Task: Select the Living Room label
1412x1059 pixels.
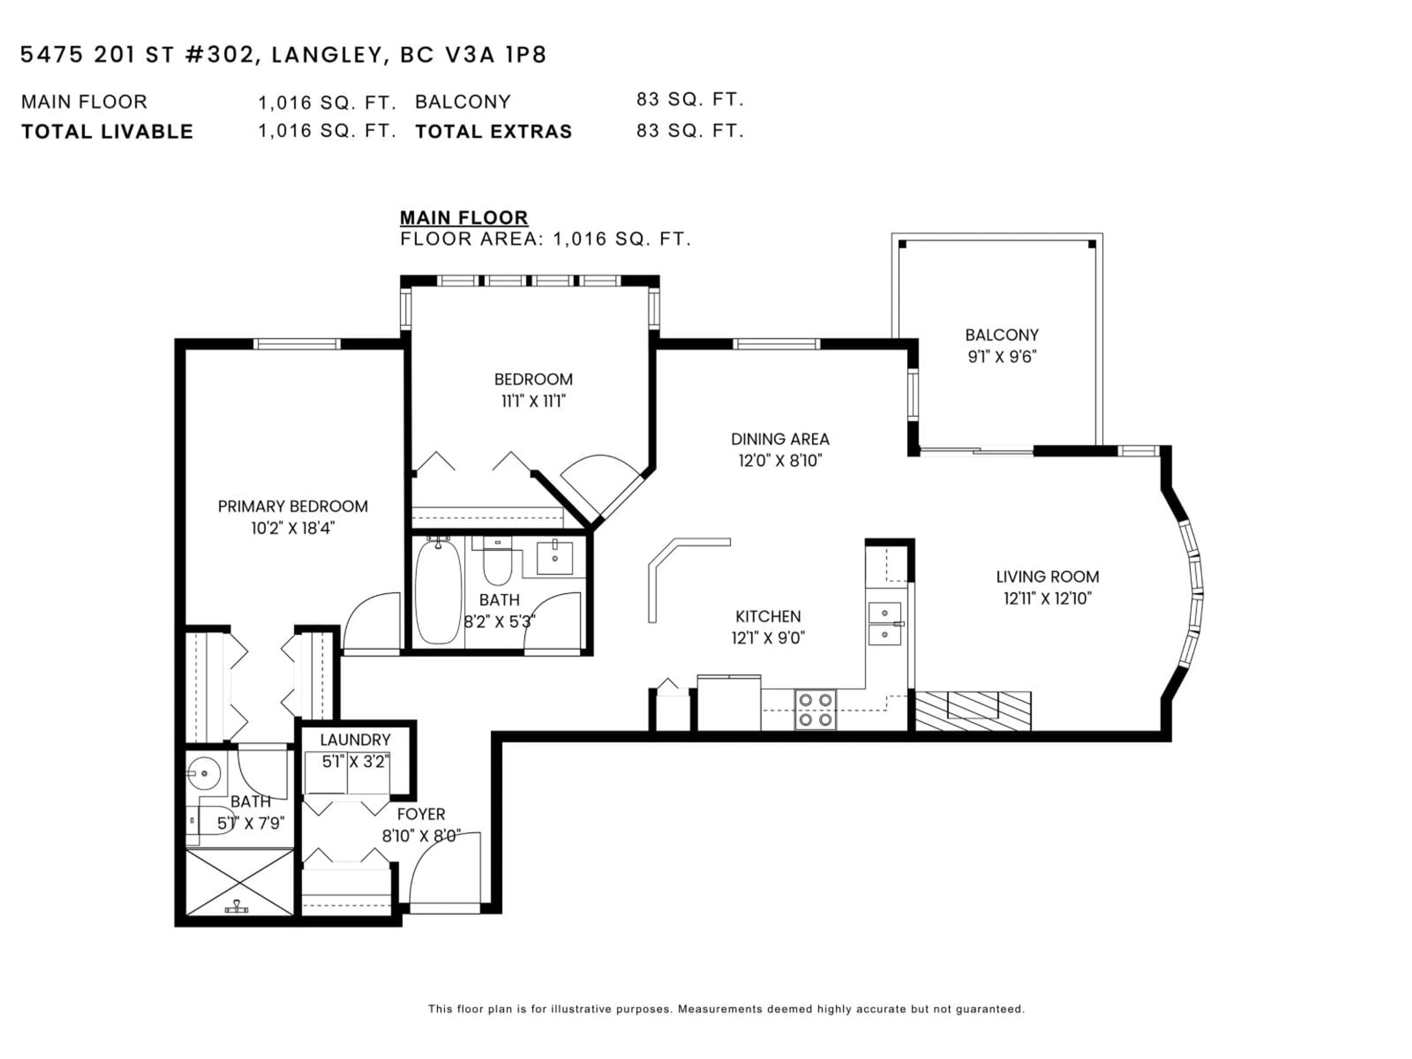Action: point(1047,577)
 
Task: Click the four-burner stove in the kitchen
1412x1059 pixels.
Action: point(815,709)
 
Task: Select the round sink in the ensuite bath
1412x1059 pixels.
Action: point(204,773)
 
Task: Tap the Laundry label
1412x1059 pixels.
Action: point(355,740)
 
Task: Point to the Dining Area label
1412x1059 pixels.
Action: point(780,439)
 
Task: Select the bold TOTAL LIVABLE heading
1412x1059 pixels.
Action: point(107,132)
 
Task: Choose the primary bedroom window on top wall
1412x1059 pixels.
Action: point(297,344)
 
